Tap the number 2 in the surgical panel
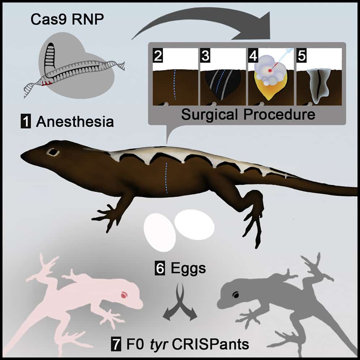[158, 56]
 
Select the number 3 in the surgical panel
[206, 56]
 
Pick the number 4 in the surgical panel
[253, 56]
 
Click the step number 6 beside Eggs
[159, 269]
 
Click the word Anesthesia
[75, 122]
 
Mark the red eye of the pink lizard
[124, 295]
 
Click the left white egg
[159, 231]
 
